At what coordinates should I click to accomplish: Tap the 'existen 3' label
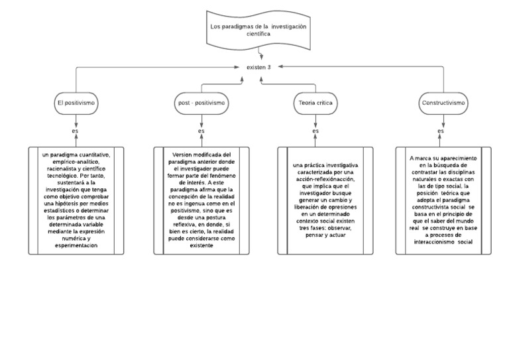point(258,68)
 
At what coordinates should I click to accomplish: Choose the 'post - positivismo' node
point(201,103)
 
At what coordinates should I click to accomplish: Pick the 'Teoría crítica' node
point(315,103)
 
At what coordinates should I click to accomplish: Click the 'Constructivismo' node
point(443,103)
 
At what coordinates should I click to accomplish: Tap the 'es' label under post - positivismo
point(201,131)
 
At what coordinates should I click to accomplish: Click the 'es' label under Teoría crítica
point(315,131)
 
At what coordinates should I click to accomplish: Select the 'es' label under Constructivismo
point(441,131)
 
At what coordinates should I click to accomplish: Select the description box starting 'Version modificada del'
point(201,200)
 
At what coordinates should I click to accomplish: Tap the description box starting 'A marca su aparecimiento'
point(443,200)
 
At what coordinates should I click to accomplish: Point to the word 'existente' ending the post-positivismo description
point(201,246)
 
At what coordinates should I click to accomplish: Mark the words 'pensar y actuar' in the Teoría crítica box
point(325,235)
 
